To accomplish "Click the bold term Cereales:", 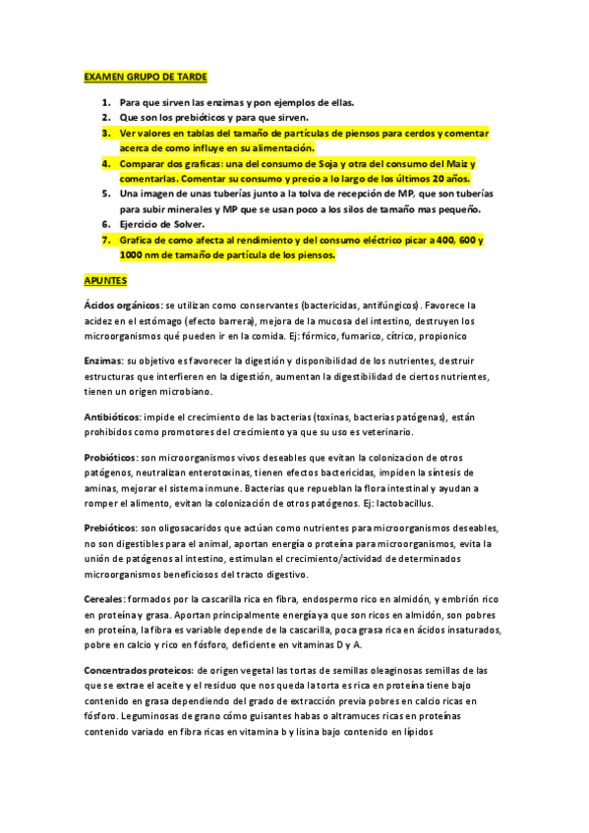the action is tap(105, 598).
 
